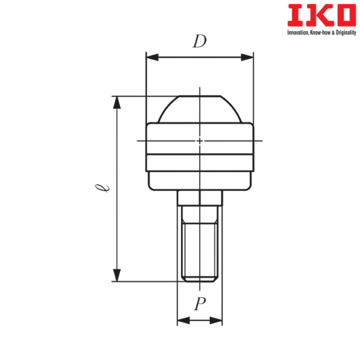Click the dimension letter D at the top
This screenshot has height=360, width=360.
click(x=199, y=42)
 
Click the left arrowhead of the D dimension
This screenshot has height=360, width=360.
click(x=152, y=58)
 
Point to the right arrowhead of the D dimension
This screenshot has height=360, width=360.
click(x=247, y=58)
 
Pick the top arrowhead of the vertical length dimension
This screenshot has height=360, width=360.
click(x=118, y=103)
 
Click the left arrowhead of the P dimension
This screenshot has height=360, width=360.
click(x=182, y=322)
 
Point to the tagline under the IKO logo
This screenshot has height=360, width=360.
click(x=322, y=33)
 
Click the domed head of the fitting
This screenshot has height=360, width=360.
click(x=200, y=109)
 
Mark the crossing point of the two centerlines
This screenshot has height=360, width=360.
click(x=200, y=141)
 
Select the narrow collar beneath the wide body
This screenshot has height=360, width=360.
click(x=200, y=181)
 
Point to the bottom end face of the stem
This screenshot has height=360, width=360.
click(x=200, y=280)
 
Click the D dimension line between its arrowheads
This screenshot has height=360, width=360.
click(x=200, y=58)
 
